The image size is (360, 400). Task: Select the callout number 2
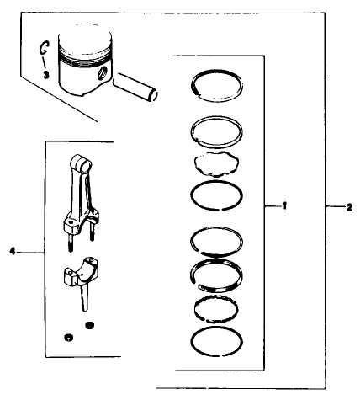pyautogui.click(x=349, y=206)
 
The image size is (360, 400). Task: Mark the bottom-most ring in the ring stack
pyautogui.click(x=218, y=342)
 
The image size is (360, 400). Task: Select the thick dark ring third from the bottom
pyautogui.click(x=218, y=273)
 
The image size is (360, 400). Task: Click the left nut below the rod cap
pyautogui.click(x=66, y=337)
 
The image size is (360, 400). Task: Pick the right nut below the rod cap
pyautogui.click(x=89, y=324)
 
